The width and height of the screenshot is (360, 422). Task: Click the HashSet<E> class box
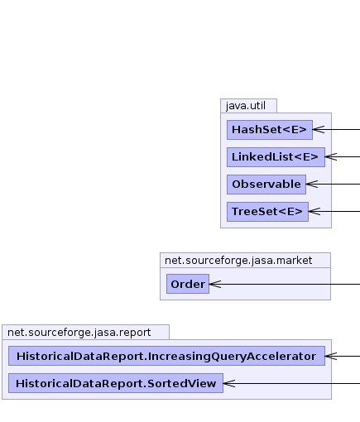point(270,130)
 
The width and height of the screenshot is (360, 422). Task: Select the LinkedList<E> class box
point(276,157)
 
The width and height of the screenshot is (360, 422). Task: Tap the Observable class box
point(266,185)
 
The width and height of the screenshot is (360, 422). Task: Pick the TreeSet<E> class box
point(267,212)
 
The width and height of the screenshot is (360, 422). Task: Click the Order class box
point(188,284)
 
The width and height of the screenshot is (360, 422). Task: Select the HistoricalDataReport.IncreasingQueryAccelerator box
point(166,356)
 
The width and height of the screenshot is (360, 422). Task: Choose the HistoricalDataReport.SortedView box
point(116,383)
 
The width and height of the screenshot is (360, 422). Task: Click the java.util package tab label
point(246,106)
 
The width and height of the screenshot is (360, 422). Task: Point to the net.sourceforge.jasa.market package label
point(238,261)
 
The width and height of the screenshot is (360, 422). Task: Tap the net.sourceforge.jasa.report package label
point(79,333)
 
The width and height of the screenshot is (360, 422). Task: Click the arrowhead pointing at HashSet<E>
point(319,129)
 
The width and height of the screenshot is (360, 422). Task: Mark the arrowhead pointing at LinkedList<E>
point(331,156)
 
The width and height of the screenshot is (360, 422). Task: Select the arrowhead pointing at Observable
point(312,184)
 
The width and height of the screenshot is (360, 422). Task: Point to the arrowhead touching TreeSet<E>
point(314,211)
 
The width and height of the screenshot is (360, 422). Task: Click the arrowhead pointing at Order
point(215,284)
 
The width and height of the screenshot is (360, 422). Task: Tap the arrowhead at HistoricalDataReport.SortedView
point(229,383)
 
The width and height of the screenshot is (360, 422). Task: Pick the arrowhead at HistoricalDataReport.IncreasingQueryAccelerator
point(331,356)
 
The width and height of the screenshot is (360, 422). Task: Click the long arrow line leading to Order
point(285,284)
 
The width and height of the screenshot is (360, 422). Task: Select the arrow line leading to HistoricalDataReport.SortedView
point(291,383)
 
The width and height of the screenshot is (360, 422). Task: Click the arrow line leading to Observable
point(333,184)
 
